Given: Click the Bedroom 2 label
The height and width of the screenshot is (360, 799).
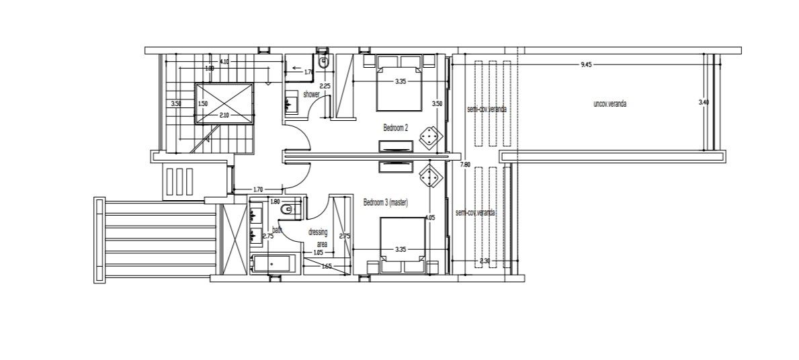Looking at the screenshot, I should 396,127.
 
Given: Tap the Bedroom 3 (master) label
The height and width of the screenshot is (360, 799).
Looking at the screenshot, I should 386,202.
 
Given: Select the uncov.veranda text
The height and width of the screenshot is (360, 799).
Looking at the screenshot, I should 610,104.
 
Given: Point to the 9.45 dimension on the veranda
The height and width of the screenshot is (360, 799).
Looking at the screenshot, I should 586,64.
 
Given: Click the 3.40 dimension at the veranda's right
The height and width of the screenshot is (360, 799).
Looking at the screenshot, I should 704,102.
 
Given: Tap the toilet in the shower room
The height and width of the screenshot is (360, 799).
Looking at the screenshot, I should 324,64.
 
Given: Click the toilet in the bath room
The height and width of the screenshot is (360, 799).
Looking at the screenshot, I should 287,210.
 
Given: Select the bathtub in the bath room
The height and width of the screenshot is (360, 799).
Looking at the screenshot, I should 274,264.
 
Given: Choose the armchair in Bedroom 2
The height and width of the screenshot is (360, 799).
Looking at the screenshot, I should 428,137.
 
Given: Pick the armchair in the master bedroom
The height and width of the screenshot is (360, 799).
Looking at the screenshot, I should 428,178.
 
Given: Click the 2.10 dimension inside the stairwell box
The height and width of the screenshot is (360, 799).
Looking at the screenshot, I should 224,116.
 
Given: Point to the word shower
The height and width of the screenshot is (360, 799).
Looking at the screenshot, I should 310,95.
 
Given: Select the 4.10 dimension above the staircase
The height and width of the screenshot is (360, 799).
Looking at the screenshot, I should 224,62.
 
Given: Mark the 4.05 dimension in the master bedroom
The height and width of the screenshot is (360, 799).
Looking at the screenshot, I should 430,218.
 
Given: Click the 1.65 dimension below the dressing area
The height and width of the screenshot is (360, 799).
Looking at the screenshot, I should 327,267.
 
